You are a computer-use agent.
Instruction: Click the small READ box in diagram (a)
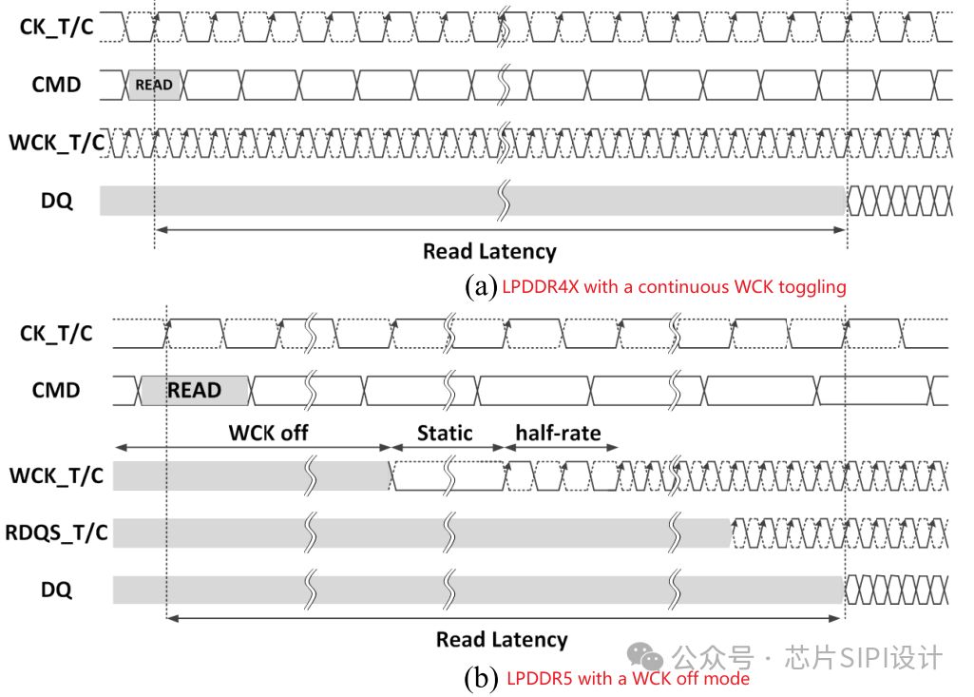[153, 85]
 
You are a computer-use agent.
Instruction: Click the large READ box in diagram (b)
[194, 390]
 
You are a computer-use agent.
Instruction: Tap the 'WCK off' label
[268, 433]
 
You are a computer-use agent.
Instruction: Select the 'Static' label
[445, 433]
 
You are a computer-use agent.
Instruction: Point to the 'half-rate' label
[558, 433]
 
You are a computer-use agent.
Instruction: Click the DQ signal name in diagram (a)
[56, 201]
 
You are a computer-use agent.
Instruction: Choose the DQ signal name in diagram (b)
[56, 590]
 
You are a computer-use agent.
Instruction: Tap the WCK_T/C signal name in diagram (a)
[56, 143]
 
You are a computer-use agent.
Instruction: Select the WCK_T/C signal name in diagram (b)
[56, 474]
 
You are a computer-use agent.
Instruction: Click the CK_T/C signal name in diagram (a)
[56, 27]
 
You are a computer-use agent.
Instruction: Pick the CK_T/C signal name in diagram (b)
[56, 333]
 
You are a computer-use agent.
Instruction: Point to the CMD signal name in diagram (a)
[56, 85]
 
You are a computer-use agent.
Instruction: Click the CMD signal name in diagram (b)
[56, 390]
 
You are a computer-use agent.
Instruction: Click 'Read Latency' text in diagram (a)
[489, 251]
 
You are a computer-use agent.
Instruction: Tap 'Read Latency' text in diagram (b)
[502, 639]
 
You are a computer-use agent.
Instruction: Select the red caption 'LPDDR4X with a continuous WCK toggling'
[674, 286]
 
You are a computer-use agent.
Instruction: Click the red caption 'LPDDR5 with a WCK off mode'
[628, 678]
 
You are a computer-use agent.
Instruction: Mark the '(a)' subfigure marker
[481, 286]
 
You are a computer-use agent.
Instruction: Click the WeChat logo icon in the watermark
[650, 657]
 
